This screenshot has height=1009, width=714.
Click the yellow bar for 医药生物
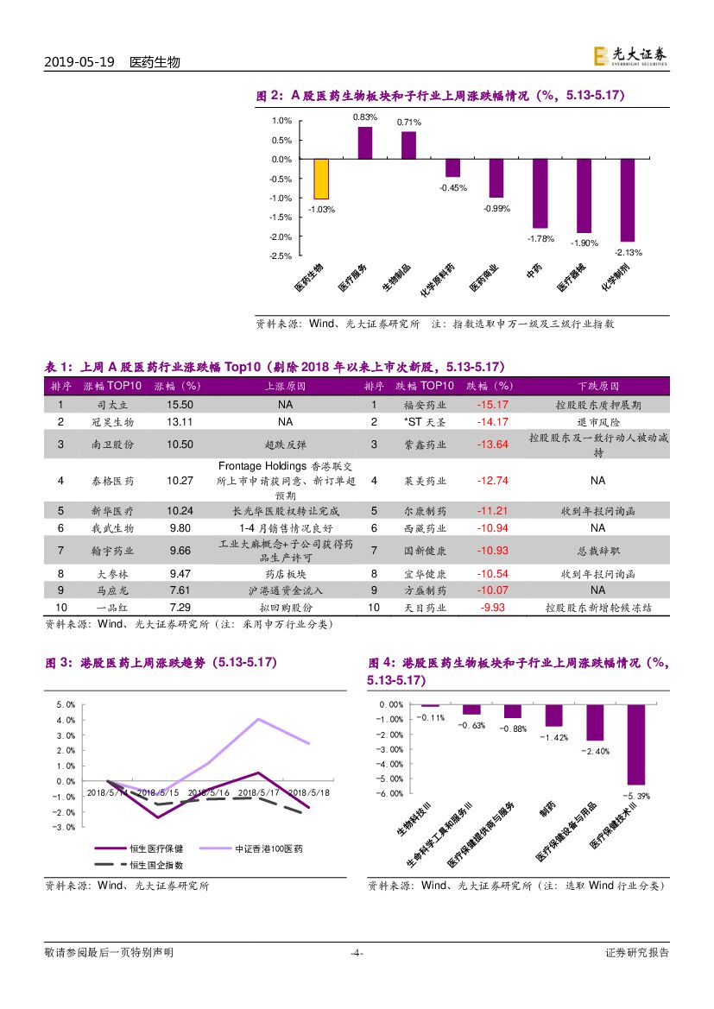pos(320,179)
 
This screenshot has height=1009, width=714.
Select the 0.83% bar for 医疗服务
pos(365,143)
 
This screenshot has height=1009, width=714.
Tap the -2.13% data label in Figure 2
pos(628,252)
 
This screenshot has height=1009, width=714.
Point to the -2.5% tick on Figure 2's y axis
pos(281,256)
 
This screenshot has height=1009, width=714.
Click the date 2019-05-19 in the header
pos(79,63)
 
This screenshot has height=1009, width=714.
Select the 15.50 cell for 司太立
pos(180,404)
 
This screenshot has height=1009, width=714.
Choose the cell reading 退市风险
pos(597,421)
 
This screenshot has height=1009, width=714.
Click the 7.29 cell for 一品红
pos(180,608)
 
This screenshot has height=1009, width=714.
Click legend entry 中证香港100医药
pos(269,849)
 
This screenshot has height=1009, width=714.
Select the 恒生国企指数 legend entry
pos(155,864)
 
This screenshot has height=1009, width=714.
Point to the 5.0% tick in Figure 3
pos(66,704)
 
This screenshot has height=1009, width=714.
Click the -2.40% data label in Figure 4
pos(596,752)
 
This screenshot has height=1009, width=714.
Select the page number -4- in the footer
pos(356,953)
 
